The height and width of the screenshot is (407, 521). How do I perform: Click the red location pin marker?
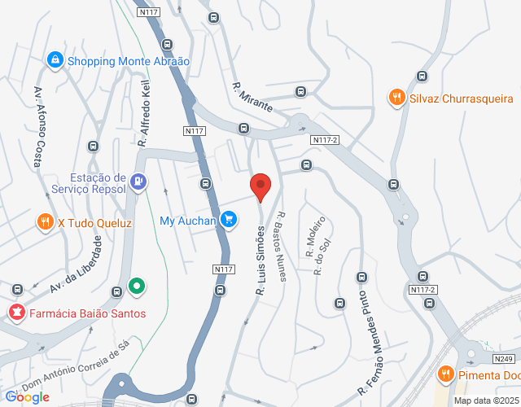pos(260,186)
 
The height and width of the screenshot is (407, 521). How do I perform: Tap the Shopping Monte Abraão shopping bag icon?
pos(55,60)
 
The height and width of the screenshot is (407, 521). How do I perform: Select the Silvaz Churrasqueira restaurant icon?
pos(397,98)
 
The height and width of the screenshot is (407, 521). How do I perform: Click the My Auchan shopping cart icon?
pos(229,220)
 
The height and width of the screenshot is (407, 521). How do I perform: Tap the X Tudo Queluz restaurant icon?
pos(44,221)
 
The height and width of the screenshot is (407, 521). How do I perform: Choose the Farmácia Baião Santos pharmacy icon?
pos(16,313)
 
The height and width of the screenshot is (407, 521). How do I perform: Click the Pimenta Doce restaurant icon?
pos(445,374)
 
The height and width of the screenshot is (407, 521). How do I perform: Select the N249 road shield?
pos(503,358)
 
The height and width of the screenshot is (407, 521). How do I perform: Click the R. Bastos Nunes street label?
pos(282,246)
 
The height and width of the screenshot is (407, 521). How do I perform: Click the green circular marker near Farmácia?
pos(137,287)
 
